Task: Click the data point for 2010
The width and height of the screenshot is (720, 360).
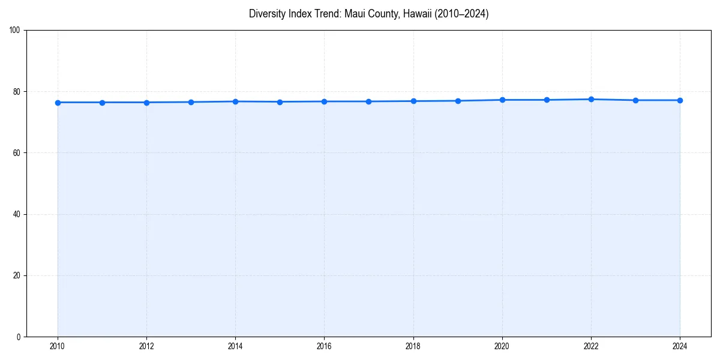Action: pyautogui.click(x=58, y=103)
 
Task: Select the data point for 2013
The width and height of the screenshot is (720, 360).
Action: pyautogui.click(x=191, y=102)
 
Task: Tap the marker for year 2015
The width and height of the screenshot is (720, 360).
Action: pyautogui.click(x=280, y=102)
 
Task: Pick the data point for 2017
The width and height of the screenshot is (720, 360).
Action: pyautogui.click(x=368, y=101)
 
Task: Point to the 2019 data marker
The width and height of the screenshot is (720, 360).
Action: pyautogui.click(x=458, y=101)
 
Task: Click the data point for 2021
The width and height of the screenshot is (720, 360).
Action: pyautogui.click(x=547, y=100)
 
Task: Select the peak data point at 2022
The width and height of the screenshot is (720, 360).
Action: pyautogui.click(x=591, y=99)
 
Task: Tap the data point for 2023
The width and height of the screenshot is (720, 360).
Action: pyautogui.click(x=635, y=100)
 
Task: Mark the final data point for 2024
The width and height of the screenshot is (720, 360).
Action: pyautogui.click(x=680, y=100)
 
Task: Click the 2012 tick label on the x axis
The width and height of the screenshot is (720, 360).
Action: pyautogui.click(x=146, y=346)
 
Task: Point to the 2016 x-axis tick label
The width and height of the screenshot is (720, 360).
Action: pyautogui.click(x=324, y=346)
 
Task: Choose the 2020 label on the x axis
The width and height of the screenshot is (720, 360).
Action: pyautogui.click(x=502, y=346)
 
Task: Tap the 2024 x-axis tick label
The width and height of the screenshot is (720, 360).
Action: pyautogui.click(x=680, y=346)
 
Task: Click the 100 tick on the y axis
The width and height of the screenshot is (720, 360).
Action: pyautogui.click(x=15, y=30)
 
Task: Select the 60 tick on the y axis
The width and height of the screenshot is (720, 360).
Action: pyautogui.click(x=17, y=153)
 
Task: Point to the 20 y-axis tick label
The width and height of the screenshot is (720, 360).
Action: pyautogui.click(x=17, y=275)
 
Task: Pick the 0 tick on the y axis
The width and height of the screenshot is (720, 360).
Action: pyautogui.click(x=19, y=337)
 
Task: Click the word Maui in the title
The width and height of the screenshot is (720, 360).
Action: pyautogui.click(x=355, y=14)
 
